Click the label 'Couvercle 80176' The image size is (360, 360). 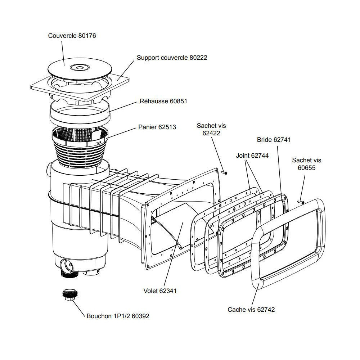(72, 36)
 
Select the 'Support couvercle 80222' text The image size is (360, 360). (172, 58)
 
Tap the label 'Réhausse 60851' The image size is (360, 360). (163, 102)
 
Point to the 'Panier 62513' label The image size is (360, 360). (157, 127)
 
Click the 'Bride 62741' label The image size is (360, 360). (274, 140)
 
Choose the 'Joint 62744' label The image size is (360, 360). (252, 156)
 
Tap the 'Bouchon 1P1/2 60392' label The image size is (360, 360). (118, 316)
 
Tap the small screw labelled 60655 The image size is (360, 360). (301, 202)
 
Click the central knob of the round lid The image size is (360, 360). (78, 67)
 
